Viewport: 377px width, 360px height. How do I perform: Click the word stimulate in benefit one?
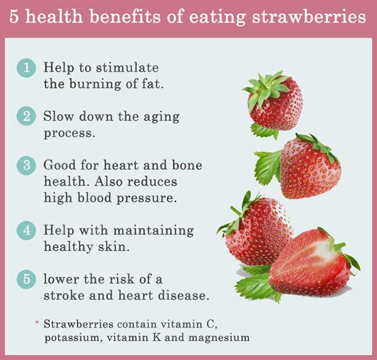130,68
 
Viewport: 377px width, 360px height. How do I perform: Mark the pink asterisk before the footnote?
37,323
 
